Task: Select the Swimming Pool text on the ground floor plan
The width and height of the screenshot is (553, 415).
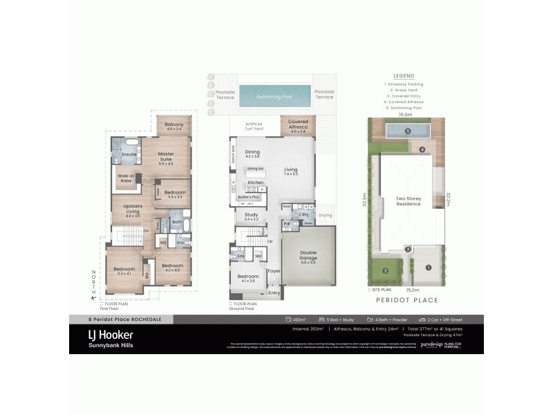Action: point(274,97)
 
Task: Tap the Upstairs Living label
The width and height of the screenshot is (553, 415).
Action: point(133,210)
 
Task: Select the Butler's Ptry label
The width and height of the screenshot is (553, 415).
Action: point(248,197)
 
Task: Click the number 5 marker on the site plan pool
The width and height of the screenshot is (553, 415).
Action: point(408,131)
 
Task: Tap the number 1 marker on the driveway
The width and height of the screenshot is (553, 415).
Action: point(428,267)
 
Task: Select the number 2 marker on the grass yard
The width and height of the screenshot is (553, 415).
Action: point(385,271)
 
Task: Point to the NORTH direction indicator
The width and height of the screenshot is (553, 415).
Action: point(95,284)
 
